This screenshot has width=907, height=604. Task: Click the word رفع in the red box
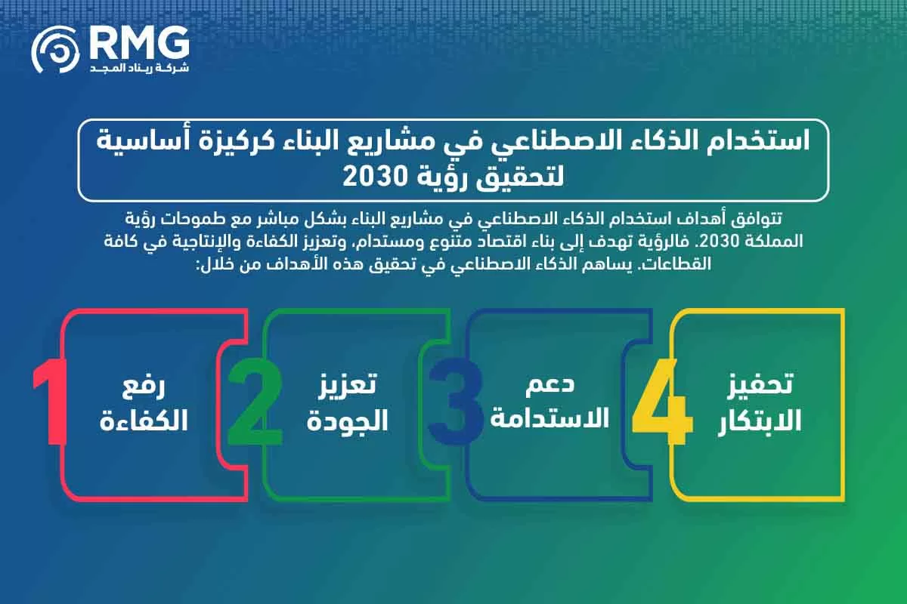tap(143, 387)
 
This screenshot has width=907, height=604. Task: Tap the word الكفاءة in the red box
tap(143, 421)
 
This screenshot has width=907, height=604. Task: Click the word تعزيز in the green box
tap(347, 387)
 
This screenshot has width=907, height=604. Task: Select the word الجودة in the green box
tap(347, 421)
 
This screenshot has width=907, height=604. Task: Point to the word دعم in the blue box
tap(549, 384)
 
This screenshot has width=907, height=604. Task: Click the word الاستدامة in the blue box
tap(549, 418)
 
